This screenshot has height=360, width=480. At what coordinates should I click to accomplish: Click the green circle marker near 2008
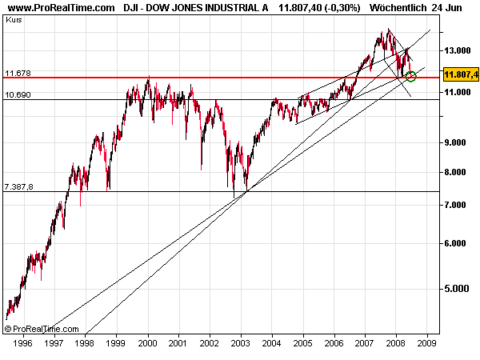tap(411, 76)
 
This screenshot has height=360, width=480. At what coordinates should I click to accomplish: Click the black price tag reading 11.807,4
tap(460, 74)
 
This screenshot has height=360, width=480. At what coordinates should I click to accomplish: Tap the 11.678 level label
tap(18, 73)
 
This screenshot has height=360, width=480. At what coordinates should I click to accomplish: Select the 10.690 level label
tap(18, 95)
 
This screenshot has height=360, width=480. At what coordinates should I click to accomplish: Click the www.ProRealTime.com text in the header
tap(60, 7)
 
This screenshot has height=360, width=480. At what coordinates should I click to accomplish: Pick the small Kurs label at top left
tap(13, 18)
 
